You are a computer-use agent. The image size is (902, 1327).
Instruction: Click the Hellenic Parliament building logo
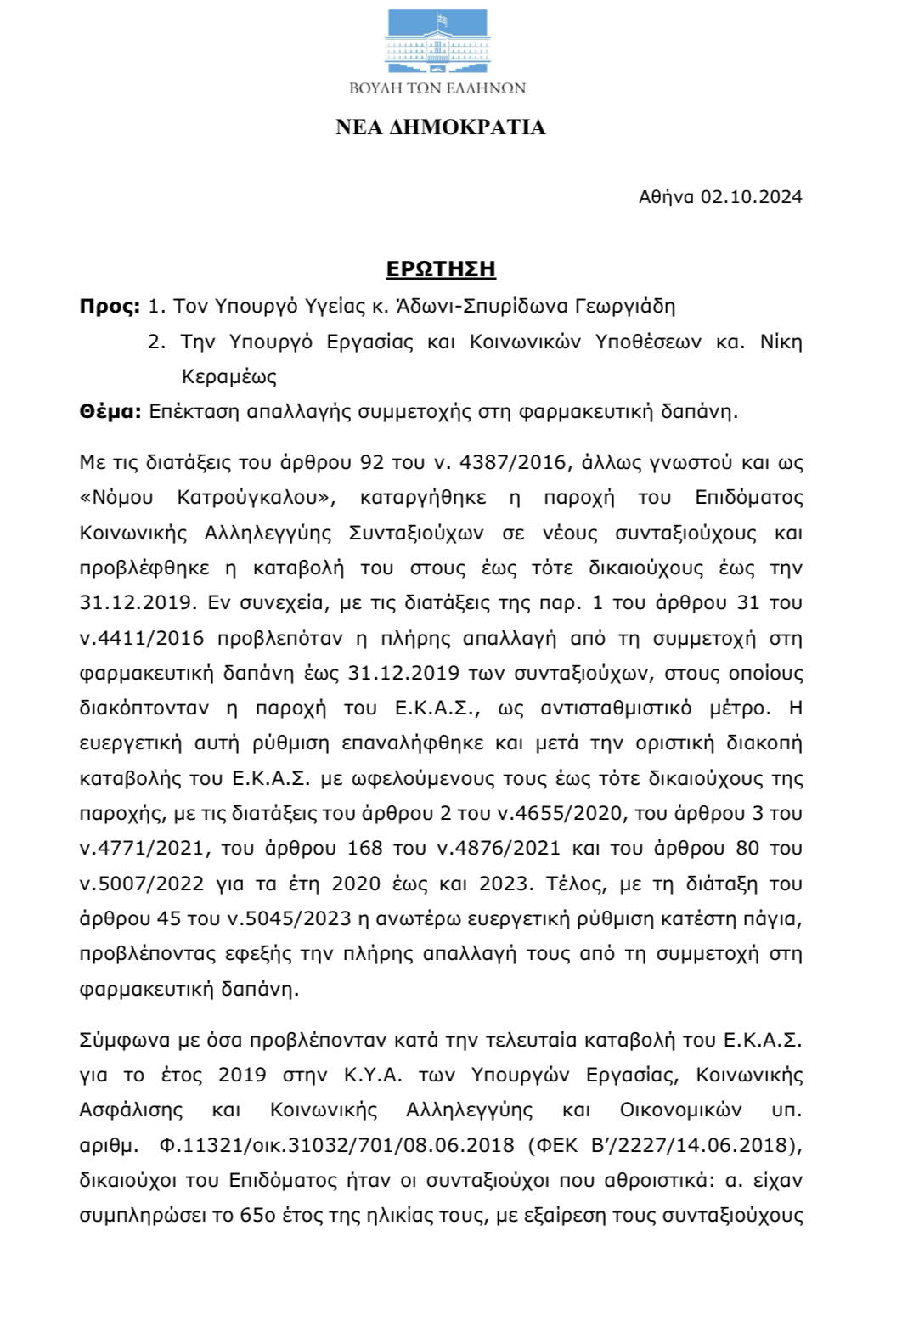(437, 42)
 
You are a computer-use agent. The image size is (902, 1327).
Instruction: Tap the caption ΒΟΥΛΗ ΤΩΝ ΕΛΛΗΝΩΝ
(437, 88)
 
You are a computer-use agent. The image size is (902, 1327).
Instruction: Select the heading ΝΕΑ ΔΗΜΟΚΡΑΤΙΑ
(440, 127)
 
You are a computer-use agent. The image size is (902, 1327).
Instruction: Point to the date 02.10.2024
(751, 197)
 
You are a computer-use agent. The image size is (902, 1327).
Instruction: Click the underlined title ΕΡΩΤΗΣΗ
(441, 269)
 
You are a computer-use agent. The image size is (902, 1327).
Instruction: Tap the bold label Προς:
(110, 306)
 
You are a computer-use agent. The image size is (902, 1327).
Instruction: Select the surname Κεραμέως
(229, 376)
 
